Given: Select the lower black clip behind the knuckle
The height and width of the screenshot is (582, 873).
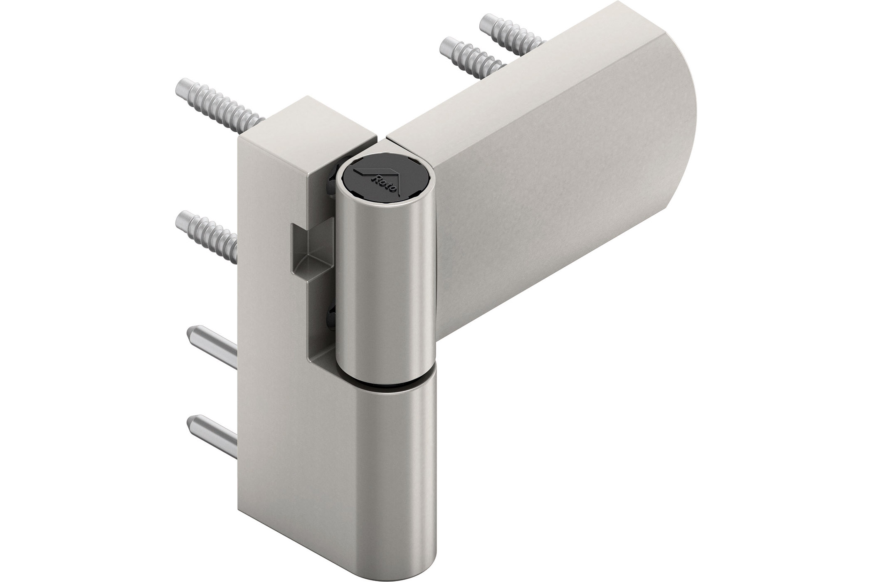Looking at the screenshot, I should pos(330,316).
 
